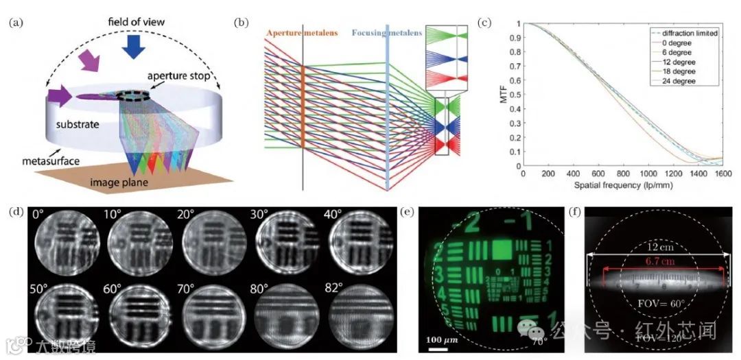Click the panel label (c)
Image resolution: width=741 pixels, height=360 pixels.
484,22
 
